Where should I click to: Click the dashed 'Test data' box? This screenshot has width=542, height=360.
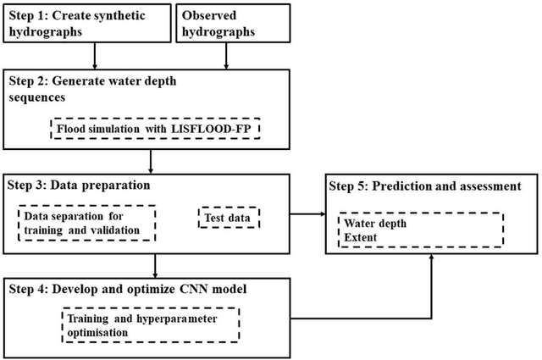coord(229,218)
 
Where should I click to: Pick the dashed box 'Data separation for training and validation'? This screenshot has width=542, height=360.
coord(87,222)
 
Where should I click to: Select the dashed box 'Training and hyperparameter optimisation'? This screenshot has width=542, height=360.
coord(151,325)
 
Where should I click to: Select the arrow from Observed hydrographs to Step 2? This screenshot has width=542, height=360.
coord(226,54)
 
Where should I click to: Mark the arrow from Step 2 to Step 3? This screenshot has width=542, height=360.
coord(152,161)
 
